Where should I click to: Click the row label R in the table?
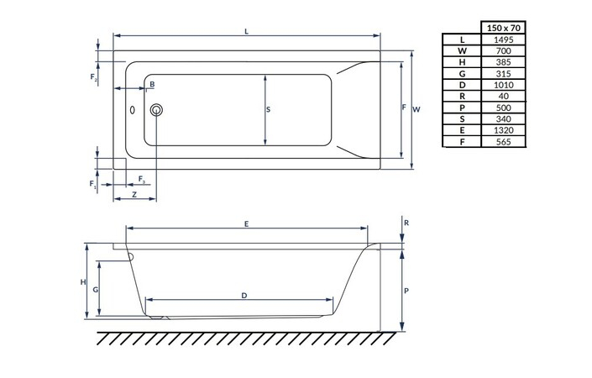[x=462, y=96]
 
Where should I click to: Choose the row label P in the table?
[x=462, y=108]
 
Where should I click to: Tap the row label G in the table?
[x=462, y=73]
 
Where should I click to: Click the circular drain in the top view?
[x=155, y=109]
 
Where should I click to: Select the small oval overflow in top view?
[x=133, y=109]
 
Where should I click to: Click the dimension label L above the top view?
[x=246, y=31]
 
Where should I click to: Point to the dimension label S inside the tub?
[x=269, y=110]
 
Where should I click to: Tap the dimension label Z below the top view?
[x=134, y=195]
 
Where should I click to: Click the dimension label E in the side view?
[x=245, y=223]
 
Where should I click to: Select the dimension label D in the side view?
[x=244, y=295]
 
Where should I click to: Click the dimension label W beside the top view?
[x=416, y=109]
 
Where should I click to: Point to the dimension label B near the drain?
[x=152, y=86]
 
